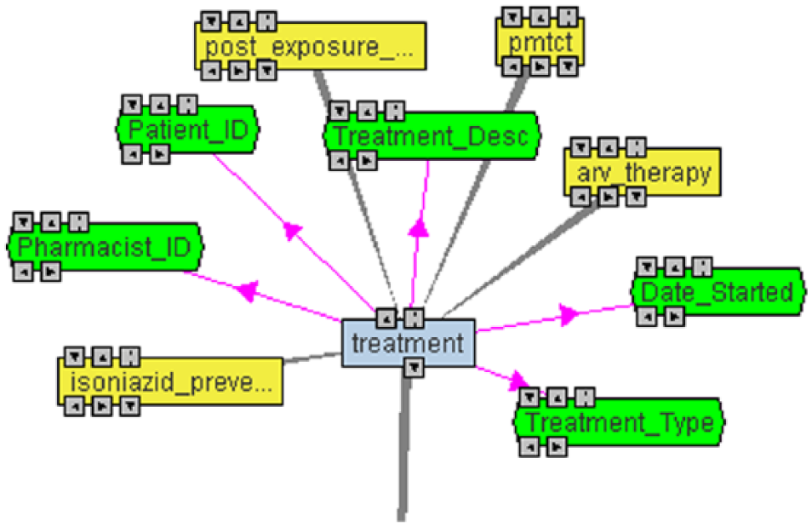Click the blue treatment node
pyautogui.click(x=408, y=343)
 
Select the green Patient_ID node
pyautogui.click(x=187, y=129)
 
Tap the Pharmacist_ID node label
pyautogui.click(x=104, y=247)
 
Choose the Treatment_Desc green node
pyautogui.click(x=432, y=135)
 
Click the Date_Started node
pyautogui.click(x=718, y=292)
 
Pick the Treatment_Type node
pyautogui.click(x=619, y=421)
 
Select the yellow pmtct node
pyautogui.click(x=540, y=43)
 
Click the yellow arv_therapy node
pyautogui.click(x=642, y=173)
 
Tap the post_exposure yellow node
pyautogui.click(x=310, y=46)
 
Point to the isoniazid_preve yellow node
pyautogui.click(x=170, y=381)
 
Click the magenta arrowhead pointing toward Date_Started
pyautogui.click(x=569, y=314)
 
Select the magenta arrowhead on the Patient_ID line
pyautogui.click(x=293, y=230)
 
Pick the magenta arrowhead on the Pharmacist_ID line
pyautogui.click(x=248, y=291)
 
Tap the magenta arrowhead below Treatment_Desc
pyautogui.click(x=419, y=227)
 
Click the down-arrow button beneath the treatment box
pyautogui.click(x=414, y=369)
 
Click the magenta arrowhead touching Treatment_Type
pyautogui.click(x=519, y=381)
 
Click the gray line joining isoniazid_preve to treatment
pyautogui.click(x=312, y=358)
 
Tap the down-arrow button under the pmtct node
pyautogui.click(x=568, y=67)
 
